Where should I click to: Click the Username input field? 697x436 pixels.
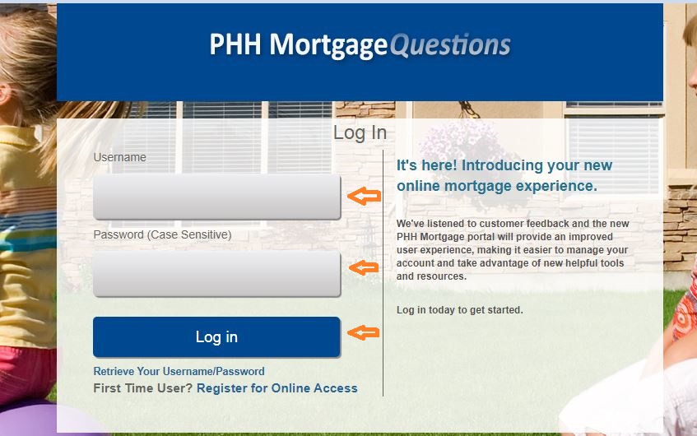pyautogui.click(x=216, y=197)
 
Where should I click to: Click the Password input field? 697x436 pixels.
pyautogui.click(x=216, y=273)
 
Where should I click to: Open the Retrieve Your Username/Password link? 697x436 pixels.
pyautogui.click(x=179, y=371)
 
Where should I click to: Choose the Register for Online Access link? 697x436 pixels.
pyautogui.click(x=277, y=388)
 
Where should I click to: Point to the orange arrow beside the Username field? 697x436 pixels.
pyautogui.click(x=363, y=196)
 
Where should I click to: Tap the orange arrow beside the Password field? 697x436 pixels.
pyautogui.click(x=363, y=267)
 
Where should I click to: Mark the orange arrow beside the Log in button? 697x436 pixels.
pyautogui.click(x=363, y=332)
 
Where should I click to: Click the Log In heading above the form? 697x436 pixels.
pyautogui.click(x=360, y=133)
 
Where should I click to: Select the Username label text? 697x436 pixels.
pyautogui.click(x=119, y=157)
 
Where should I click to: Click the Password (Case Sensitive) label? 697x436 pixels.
pyautogui.click(x=162, y=234)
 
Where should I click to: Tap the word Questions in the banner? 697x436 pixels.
pyautogui.click(x=450, y=44)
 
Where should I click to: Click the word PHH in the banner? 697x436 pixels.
pyautogui.click(x=236, y=44)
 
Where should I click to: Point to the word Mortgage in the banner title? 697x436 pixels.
pyautogui.click(x=329, y=44)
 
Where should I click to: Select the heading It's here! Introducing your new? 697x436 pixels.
pyautogui.click(x=504, y=165)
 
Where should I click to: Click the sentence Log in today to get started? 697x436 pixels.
pyautogui.click(x=459, y=310)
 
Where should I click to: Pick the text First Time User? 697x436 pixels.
pyautogui.click(x=143, y=388)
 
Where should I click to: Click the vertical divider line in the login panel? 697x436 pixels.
pyautogui.click(x=383, y=271)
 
